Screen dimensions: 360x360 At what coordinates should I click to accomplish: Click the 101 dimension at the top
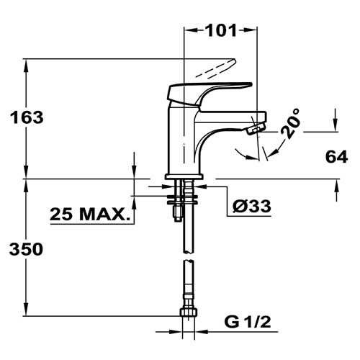(x=221, y=30)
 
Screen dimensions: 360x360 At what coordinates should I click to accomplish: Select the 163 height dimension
(x=27, y=117)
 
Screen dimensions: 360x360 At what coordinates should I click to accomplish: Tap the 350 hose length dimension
(x=26, y=249)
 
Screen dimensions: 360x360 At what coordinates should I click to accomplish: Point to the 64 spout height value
(x=336, y=157)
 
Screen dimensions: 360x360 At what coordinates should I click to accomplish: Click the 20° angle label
(x=291, y=123)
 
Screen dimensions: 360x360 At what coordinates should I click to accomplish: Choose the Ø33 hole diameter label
(x=251, y=206)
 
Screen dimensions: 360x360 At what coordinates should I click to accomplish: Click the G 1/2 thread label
(x=248, y=322)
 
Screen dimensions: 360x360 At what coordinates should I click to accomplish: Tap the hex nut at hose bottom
(x=189, y=312)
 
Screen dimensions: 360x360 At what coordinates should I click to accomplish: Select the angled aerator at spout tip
(x=256, y=127)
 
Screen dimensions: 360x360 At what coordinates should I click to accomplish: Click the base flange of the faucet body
(x=184, y=177)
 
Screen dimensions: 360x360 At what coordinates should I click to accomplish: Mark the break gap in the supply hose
(x=189, y=256)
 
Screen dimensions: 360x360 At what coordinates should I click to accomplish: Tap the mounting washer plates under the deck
(x=182, y=199)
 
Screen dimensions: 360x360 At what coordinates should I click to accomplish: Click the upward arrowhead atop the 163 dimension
(x=26, y=66)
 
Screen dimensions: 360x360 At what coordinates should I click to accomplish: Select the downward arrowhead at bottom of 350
(x=26, y=309)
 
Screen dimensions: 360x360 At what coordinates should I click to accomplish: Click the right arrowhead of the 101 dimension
(x=251, y=30)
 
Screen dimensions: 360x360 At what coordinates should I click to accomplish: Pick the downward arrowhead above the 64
(x=336, y=125)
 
